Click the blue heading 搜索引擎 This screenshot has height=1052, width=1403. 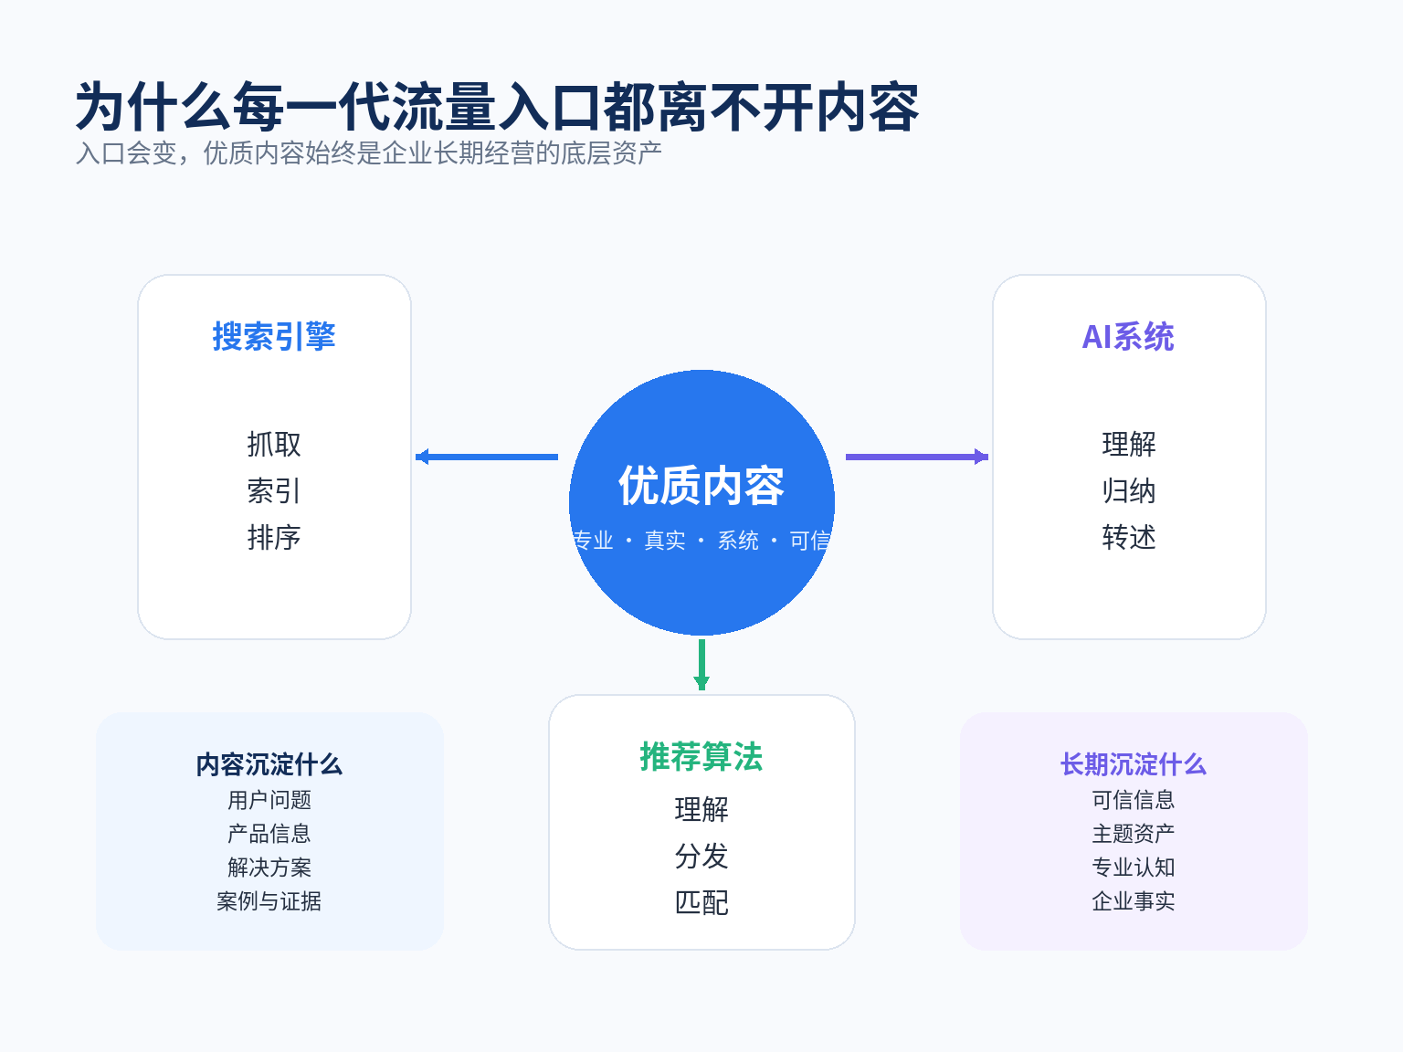coord(274,337)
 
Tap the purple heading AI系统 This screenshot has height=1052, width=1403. coord(1128,337)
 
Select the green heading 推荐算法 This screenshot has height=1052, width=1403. coord(701,757)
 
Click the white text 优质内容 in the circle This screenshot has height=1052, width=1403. coord(701,486)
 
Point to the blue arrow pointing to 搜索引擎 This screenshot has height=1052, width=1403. coord(487,457)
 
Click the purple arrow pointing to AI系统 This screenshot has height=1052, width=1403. coord(916,457)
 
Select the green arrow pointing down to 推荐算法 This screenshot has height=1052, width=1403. coord(701,665)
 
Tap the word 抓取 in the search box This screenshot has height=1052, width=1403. coord(274,445)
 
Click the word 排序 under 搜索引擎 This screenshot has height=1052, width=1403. coord(274,538)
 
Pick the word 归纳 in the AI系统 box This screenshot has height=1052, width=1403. coord(1129,491)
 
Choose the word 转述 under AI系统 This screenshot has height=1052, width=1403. coord(1129,538)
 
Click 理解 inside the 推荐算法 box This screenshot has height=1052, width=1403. coord(701,810)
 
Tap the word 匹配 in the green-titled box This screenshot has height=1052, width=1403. coord(701,903)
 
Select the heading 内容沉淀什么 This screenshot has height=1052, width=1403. coord(269,764)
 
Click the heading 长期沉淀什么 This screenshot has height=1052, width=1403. coord(1134,764)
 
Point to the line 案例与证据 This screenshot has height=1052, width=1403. coord(269,901)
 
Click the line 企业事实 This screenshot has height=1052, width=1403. coord(1134,901)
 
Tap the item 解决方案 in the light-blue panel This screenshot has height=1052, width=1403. coord(269,868)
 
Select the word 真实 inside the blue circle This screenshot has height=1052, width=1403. coord(665,541)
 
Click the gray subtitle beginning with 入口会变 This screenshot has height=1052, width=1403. coord(369,153)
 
